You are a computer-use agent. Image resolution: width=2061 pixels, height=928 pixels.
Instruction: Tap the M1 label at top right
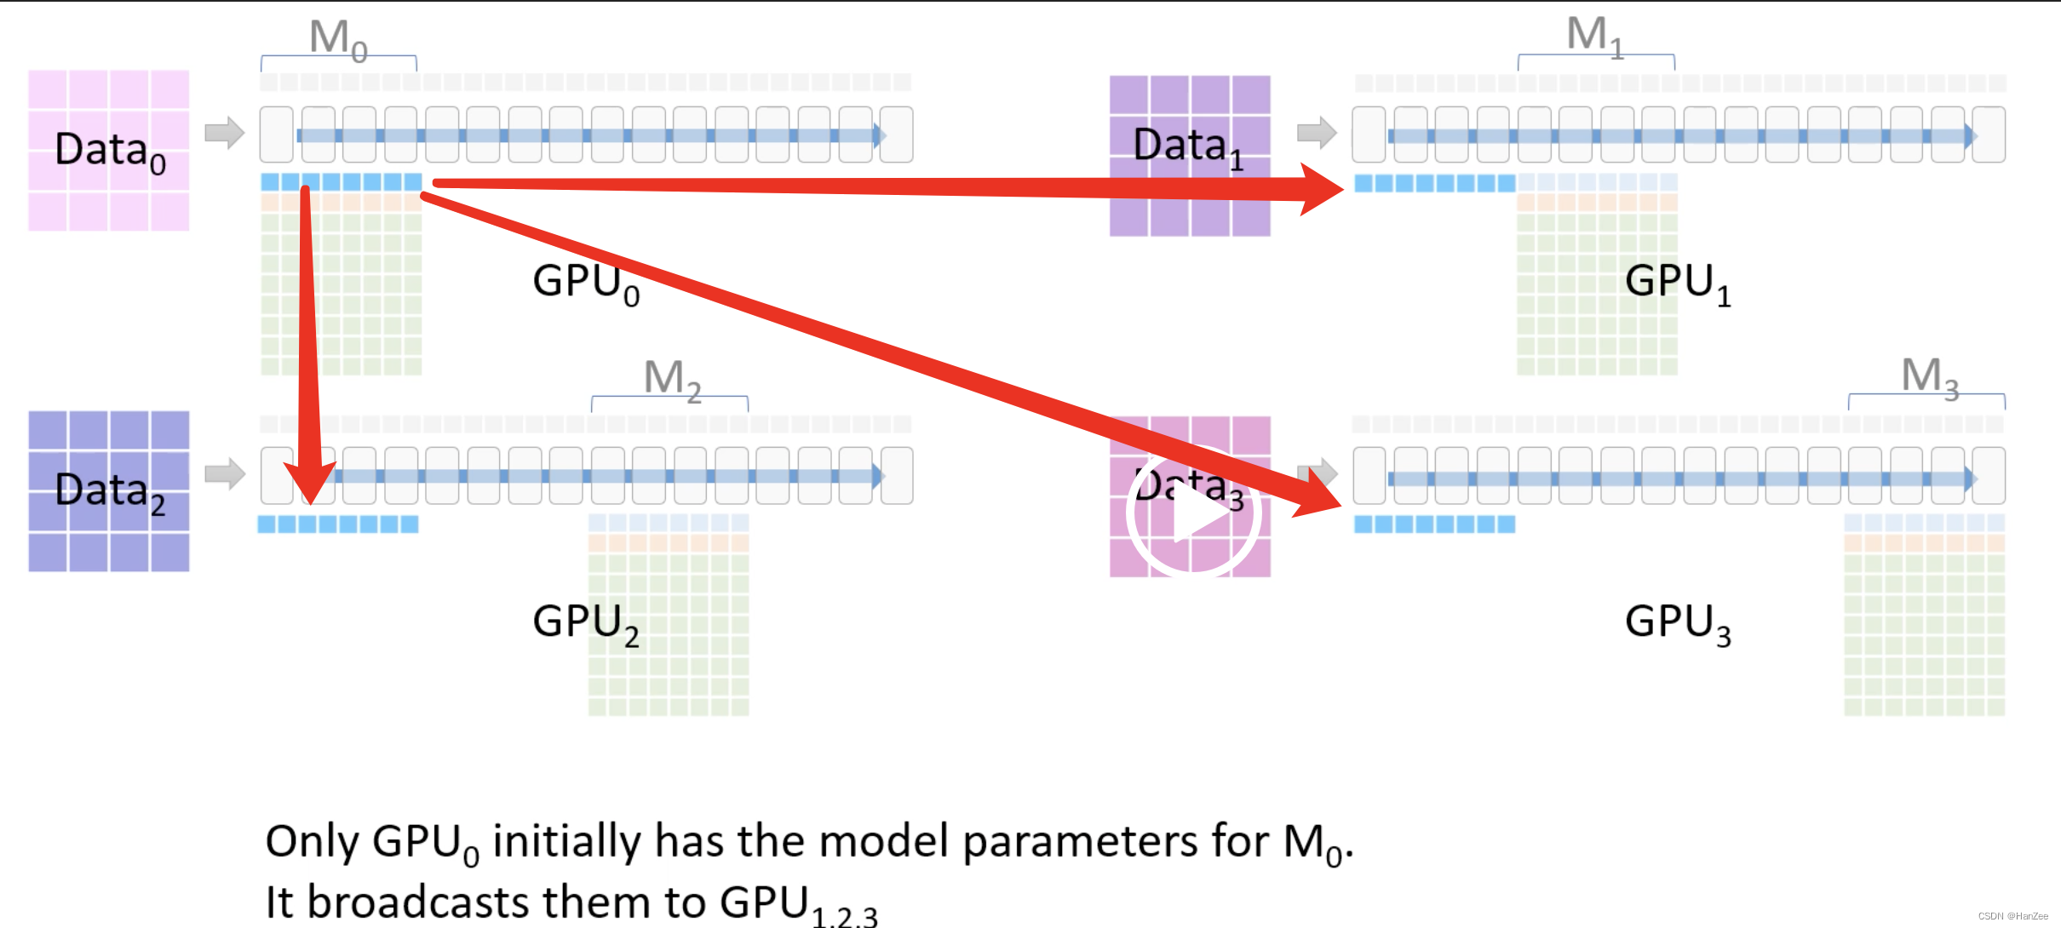1595,37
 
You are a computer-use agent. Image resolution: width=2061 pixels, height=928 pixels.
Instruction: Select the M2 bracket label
672,379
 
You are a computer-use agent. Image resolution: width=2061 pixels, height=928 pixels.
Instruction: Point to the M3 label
1929,377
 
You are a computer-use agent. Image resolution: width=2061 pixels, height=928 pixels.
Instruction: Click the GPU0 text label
586,283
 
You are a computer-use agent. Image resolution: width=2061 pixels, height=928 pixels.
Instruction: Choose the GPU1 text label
1678,283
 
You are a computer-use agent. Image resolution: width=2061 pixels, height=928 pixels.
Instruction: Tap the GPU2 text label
586,623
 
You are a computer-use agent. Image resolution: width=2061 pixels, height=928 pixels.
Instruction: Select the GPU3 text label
1678,623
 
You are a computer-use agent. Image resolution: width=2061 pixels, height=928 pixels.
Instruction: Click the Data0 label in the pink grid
110,151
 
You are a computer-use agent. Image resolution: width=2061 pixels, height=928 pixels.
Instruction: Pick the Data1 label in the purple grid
1188,146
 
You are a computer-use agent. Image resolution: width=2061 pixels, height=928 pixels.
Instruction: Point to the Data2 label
110,491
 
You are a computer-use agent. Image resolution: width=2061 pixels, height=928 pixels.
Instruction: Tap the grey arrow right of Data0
225,133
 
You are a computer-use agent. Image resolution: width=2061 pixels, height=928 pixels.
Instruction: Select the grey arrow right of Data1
1317,133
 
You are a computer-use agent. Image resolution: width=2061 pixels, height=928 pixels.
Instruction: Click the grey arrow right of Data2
225,474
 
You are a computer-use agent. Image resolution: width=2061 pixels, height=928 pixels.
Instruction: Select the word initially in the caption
566,842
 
